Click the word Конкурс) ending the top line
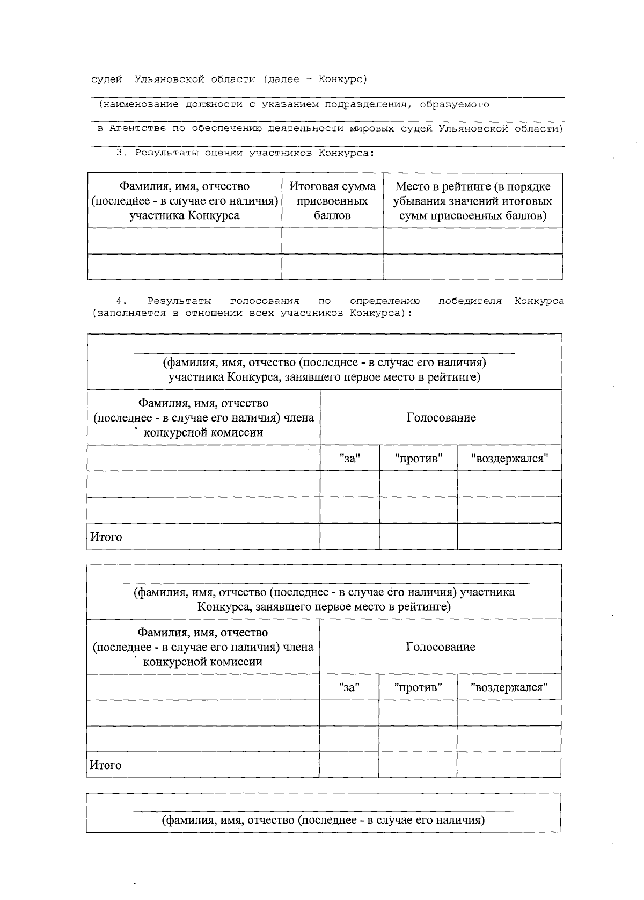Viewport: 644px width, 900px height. (x=342, y=79)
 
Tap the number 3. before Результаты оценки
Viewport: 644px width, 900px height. (x=121, y=153)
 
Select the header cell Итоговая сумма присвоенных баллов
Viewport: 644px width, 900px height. (x=332, y=201)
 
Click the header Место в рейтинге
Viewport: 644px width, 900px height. (x=472, y=187)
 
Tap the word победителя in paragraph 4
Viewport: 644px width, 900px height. (x=470, y=301)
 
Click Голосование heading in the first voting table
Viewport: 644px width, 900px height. (x=441, y=418)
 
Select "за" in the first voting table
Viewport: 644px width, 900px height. (x=349, y=459)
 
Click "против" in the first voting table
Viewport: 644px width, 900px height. (x=418, y=459)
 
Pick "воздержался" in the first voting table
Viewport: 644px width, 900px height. (x=509, y=459)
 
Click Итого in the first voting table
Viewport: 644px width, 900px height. (x=106, y=537)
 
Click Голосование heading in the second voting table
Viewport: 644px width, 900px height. (x=440, y=647)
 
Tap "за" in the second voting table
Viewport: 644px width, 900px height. (x=349, y=687)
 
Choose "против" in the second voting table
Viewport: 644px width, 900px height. (x=418, y=687)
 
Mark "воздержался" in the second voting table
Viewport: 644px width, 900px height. (x=509, y=687)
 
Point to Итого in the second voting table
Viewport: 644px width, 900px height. (x=106, y=765)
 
